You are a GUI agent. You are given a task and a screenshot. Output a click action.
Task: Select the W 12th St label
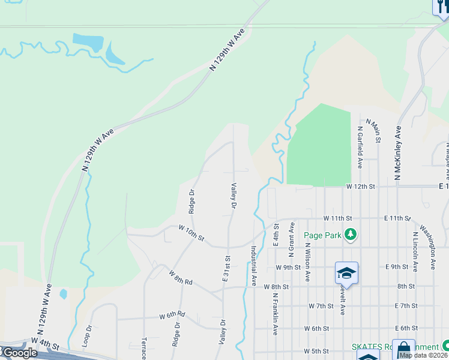360,187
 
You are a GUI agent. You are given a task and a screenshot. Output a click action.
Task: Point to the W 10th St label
191,233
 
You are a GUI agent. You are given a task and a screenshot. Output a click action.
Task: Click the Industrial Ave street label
254,265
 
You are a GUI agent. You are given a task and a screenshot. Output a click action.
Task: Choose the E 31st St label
227,268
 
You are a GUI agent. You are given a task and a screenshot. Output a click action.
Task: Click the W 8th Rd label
179,277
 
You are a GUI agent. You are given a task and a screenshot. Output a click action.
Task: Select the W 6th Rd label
172,314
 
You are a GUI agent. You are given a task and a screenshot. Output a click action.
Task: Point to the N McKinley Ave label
397,152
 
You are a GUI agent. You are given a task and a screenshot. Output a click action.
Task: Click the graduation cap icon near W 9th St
346,274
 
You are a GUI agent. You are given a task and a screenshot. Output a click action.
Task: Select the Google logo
19,353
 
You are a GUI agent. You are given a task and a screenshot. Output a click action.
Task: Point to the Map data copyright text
424,355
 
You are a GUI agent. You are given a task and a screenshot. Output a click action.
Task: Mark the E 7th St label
406,306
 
